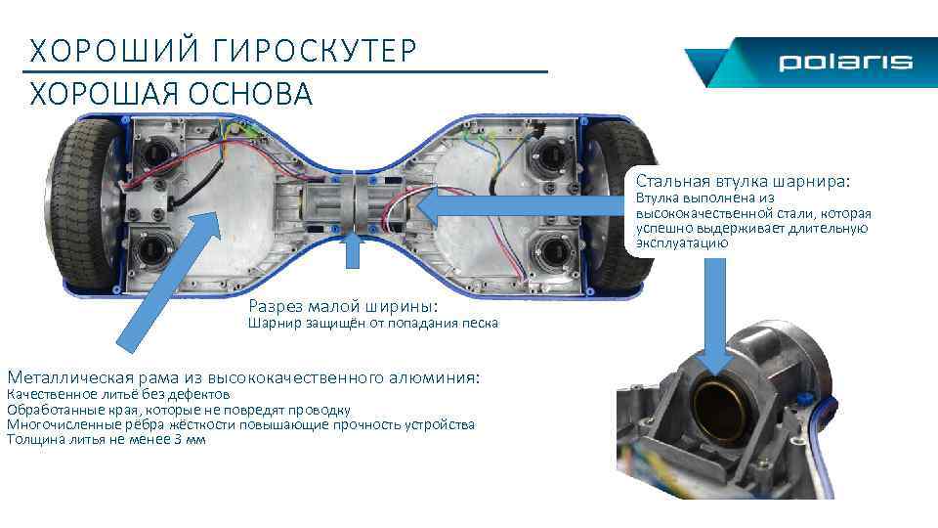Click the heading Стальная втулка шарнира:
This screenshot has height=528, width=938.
pos(743,181)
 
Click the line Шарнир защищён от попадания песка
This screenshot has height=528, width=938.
pos(373,324)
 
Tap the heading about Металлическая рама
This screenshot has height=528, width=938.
pos(243,377)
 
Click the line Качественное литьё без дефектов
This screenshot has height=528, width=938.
pos(118,394)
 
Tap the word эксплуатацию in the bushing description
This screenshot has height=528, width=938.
pos(682,242)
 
